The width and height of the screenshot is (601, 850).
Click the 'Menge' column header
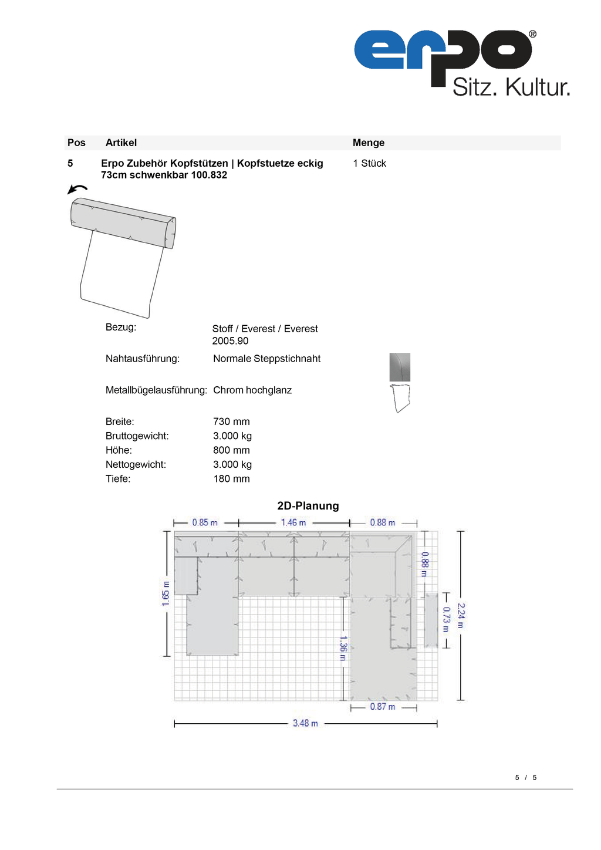pyautogui.click(x=369, y=143)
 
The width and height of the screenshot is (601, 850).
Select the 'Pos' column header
pyautogui.click(x=76, y=143)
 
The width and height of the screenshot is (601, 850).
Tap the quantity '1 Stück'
pyautogui.click(x=369, y=163)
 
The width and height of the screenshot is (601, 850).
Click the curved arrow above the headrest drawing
pyautogui.click(x=77, y=188)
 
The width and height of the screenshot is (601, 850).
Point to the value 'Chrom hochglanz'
pyautogui.click(x=252, y=390)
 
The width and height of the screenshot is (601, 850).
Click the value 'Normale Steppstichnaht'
pyautogui.click(x=266, y=359)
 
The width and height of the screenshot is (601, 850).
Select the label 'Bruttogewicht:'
pyautogui.click(x=137, y=436)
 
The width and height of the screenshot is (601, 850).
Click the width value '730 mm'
pyautogui.click(x=231, y=421)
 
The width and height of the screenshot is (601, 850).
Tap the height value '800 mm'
pyautogui.click(x=231, y=450)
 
